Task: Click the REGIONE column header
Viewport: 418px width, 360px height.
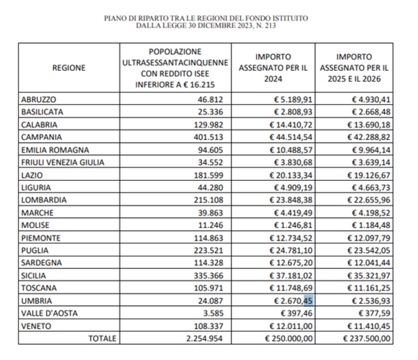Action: pos(69,68)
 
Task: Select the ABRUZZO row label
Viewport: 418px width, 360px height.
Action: pos(39,100)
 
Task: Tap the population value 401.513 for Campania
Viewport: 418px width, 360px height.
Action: pos(208,137)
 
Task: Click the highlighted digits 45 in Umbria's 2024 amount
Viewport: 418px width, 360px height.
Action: pos(308,300)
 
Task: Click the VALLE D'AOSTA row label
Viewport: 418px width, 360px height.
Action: pos(49,313)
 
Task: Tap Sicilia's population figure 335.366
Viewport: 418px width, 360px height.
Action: pos(208,276)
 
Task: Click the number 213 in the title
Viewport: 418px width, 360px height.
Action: pos(269,25)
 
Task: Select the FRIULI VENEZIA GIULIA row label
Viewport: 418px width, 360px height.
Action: pos(63,162)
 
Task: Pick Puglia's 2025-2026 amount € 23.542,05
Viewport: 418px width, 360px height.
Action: pos(369,250)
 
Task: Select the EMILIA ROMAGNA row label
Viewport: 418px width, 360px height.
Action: pos(55,150)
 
